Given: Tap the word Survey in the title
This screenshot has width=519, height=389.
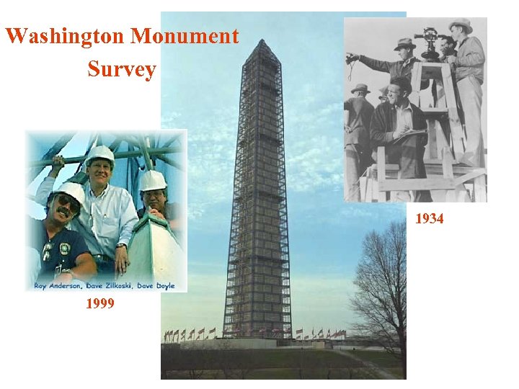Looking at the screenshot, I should (x=121, y=69).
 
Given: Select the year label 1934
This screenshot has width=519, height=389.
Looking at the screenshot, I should (x=430, y=219).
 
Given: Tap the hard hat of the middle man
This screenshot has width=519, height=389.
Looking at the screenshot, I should (x=99, y=153).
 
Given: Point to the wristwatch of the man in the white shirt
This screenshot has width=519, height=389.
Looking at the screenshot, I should (x=123, y=247).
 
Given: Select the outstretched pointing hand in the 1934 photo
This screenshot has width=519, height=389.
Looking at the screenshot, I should (x=351, y=58).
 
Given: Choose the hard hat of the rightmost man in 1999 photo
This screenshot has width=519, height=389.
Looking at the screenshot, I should (x=153, y=179).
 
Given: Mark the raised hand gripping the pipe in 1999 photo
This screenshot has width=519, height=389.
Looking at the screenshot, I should (x=58, y=161).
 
